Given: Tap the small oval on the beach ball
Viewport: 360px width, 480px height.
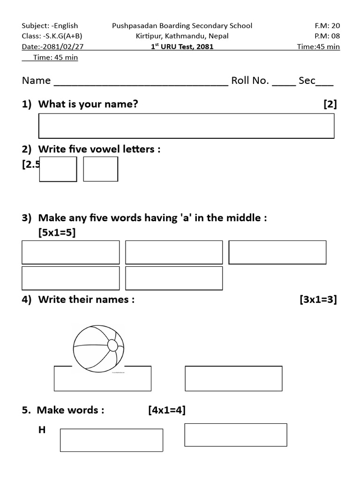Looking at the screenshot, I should [112, 345].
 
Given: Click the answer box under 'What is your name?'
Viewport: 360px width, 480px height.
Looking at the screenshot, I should [186, 126].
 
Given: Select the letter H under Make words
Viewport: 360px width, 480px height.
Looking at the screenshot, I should [42, 429].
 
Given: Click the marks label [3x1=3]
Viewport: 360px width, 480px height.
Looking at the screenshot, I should [318, 300].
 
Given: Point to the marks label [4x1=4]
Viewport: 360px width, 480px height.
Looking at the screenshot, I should [167, 410].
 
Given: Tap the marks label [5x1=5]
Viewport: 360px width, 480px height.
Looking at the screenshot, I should [57, 232].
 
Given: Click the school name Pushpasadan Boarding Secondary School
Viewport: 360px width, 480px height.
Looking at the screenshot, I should [182, 26].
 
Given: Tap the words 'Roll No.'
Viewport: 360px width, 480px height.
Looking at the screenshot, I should [250, 81].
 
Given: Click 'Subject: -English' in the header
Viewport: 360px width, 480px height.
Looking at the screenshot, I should [50, 26].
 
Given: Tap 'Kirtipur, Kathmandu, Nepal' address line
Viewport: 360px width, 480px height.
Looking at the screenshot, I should [182, 36].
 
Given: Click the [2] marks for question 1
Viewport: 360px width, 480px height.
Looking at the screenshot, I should [330, 104].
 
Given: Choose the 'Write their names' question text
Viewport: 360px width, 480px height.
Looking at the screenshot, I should [86, 300].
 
